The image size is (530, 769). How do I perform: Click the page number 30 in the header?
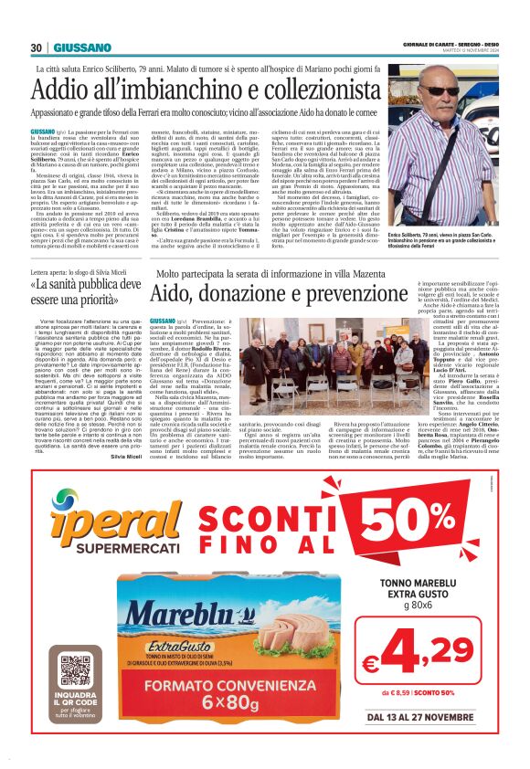[37, 47]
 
